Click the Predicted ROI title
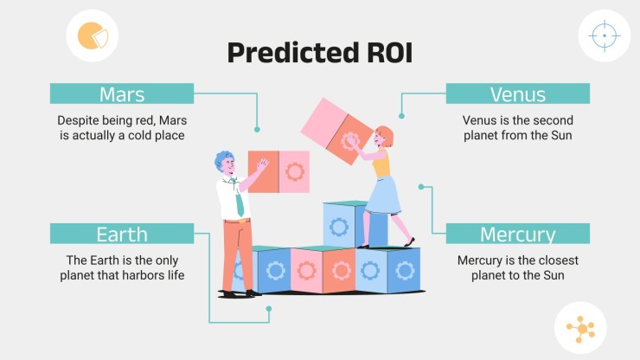click(x=320, y=53)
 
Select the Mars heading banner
click(x=122, y=93)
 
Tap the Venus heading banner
click(x=517, y=93)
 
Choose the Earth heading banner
click(x=122, y=234)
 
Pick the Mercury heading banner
click(x=517, y=234)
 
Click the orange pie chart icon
click(x=93, y=35)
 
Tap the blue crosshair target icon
click(x=605, y=36)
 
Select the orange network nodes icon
click(x=581, y=329)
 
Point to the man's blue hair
click(x=222, y=159)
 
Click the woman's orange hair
click(x=386, y=135)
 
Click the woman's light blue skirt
click(x=383, y=196)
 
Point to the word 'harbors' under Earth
click(x=144, y=275)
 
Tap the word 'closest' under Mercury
click(x=556, y=260)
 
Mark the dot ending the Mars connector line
click(x=257, y=130)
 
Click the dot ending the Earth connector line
click(x=269, y=309)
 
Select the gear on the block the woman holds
click(x=349, y=140)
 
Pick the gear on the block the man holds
click(x=295, y=171)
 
